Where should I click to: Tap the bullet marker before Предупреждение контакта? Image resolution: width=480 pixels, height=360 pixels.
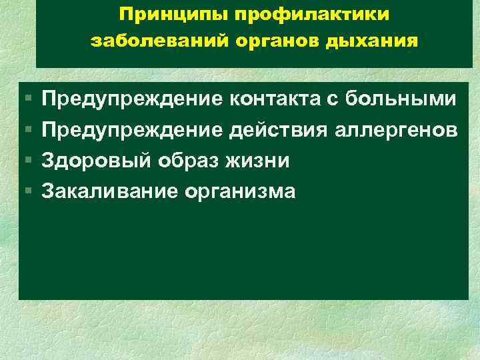(27, 100)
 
